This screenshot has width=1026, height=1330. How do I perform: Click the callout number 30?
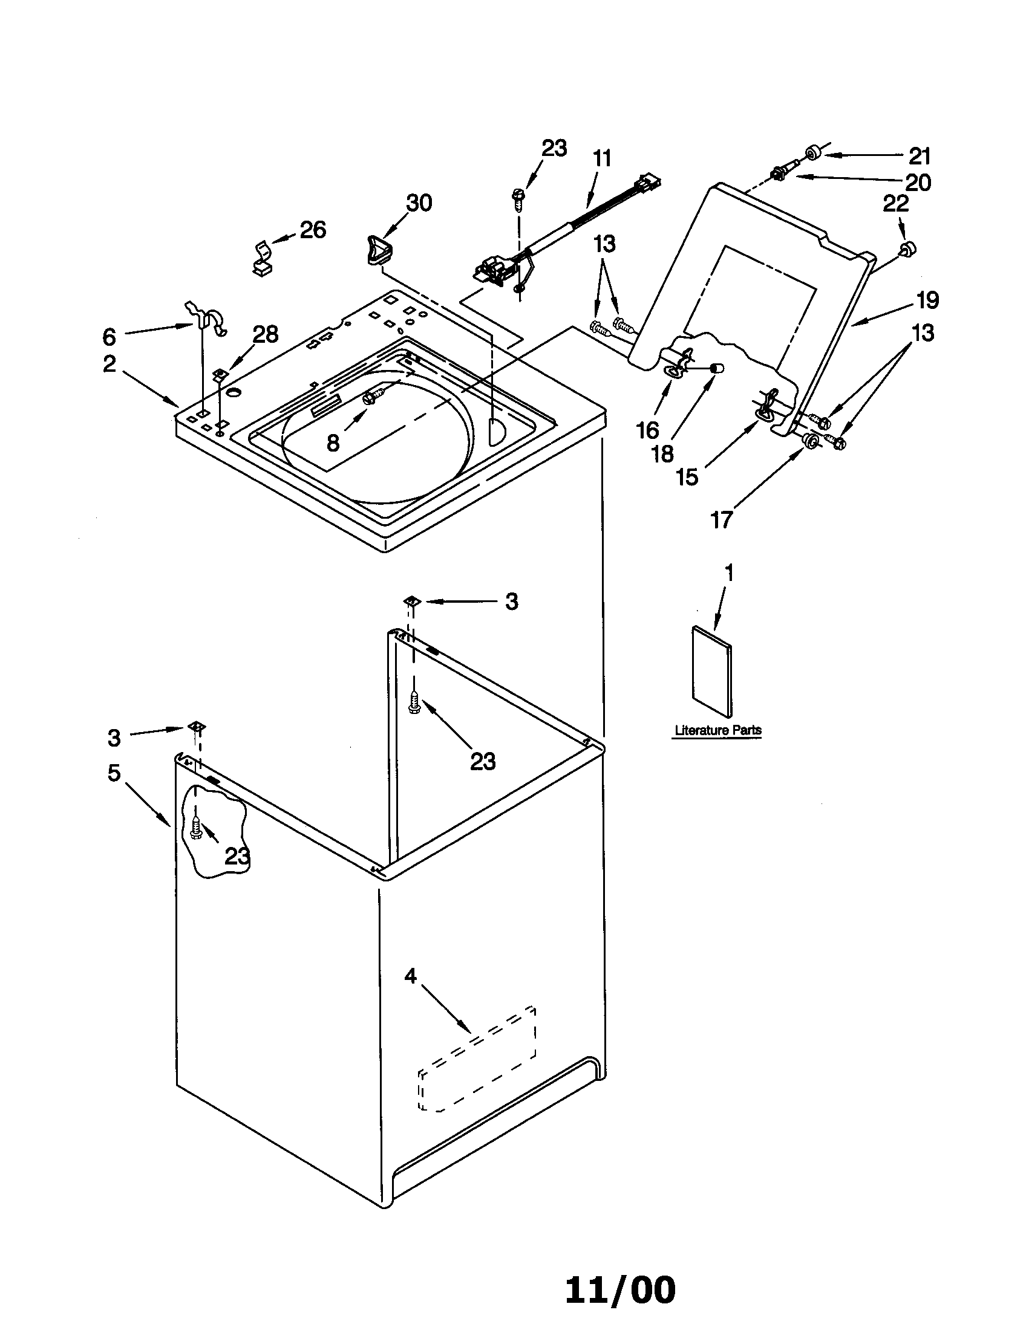pyautogui.click(x=419, y=203)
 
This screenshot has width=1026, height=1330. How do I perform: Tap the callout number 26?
pyautogui.click(x=313, y=230)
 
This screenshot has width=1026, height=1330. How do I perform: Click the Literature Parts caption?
pyautogui.click(x=717, y=730)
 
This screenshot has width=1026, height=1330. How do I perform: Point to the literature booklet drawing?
pyautogui.click(x=711, y=672)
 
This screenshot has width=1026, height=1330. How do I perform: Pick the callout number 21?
pyautogui.click(x=920, y=157)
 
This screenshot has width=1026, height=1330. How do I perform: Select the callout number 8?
pyautogui.click(x=333, y=443)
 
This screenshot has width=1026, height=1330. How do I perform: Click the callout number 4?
pyautogui.click(x=411, y=976)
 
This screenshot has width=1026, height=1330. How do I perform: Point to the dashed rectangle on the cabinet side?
pyautogui.click(x=477, y=1058)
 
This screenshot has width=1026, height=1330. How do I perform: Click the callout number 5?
pyautogui.click(x=114, y=773)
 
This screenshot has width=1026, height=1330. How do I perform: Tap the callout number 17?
pyautogui.click(x=720, y=520)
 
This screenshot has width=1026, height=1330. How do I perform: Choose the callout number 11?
pyautogui.click(x=601, y=158)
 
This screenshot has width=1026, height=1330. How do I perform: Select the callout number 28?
pyautogui.click(x=266, y=334)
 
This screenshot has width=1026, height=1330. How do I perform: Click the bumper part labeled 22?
pyautogui.click(x=908, y=248)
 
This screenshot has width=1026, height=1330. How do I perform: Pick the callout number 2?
pyautogui.click(x=109, y=363)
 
